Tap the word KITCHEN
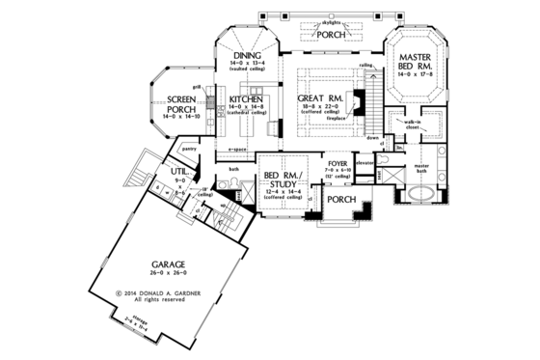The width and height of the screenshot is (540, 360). pyautogui.click(x=247, y=98)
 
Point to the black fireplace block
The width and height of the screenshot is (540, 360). pyautogui.click(x=357, y=98)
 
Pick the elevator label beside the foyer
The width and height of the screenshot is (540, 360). pyautogui.click(x=365, y=164)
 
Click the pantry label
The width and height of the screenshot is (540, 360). pyautogui.click(x=190, y=149)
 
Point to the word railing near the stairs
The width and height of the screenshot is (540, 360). pyautogui.click(x=365, y=66)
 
